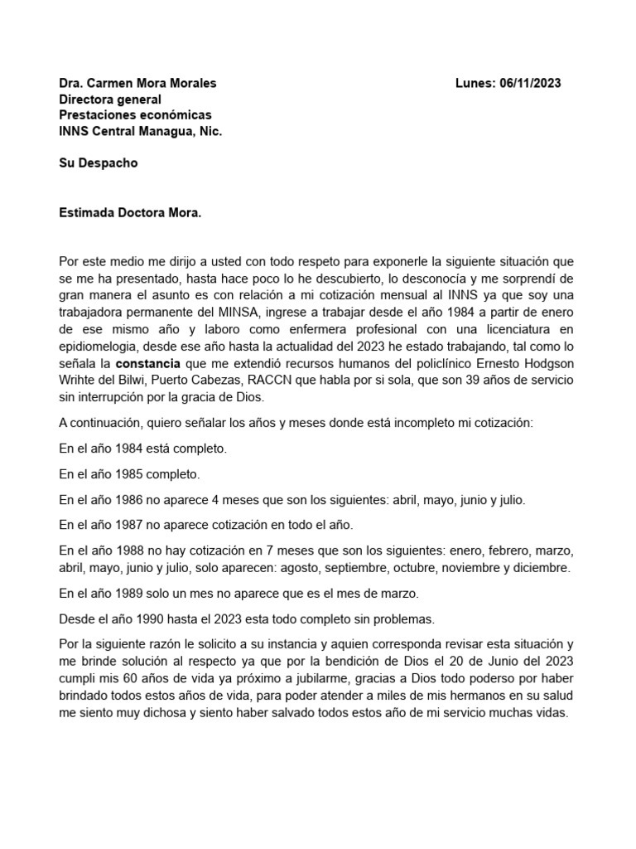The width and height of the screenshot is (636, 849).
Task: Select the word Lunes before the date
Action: [475, 83]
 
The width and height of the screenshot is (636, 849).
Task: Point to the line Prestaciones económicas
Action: [135, 114]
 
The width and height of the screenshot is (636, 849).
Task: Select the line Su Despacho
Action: [99, 163]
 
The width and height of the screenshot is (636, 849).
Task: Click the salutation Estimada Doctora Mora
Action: [130, 212]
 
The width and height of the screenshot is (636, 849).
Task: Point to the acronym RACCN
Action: [306, 379]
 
